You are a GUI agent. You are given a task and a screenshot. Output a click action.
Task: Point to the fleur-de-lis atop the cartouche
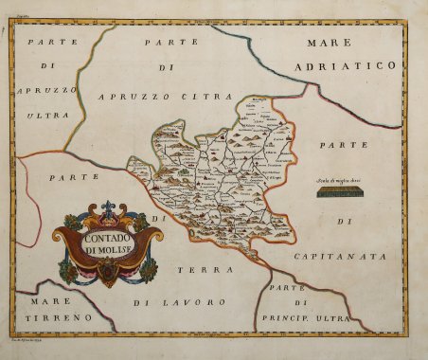click(x=107, y=207)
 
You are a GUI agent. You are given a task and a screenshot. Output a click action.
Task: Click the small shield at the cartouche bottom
click(x=108, y=274)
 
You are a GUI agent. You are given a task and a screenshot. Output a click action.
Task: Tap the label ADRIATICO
click(x=356, y=65)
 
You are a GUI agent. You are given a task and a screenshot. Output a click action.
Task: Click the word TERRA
click(x=196, y=269)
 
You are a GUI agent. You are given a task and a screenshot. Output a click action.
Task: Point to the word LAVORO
click(x=200, y=302)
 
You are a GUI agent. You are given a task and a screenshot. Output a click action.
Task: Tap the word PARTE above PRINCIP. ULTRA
click(x=283, y=287)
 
